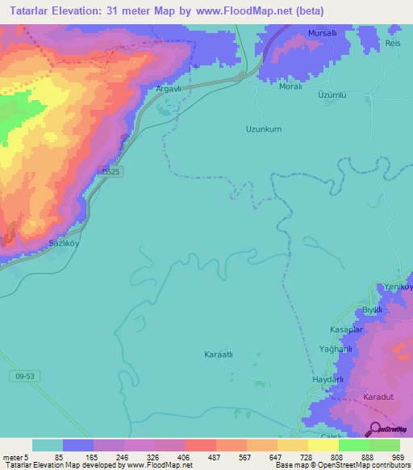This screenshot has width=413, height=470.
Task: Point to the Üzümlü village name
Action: click(x=332, y=94)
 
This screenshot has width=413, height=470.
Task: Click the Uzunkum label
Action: click(x=263, y=128)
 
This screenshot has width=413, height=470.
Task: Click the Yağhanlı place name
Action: click(x=336, y=349)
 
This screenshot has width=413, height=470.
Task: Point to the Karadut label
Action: click(x=377, y=398)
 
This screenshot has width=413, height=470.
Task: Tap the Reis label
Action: click(x=393, y=43)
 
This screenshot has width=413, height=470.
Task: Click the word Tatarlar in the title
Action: click(x=35, y=10)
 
